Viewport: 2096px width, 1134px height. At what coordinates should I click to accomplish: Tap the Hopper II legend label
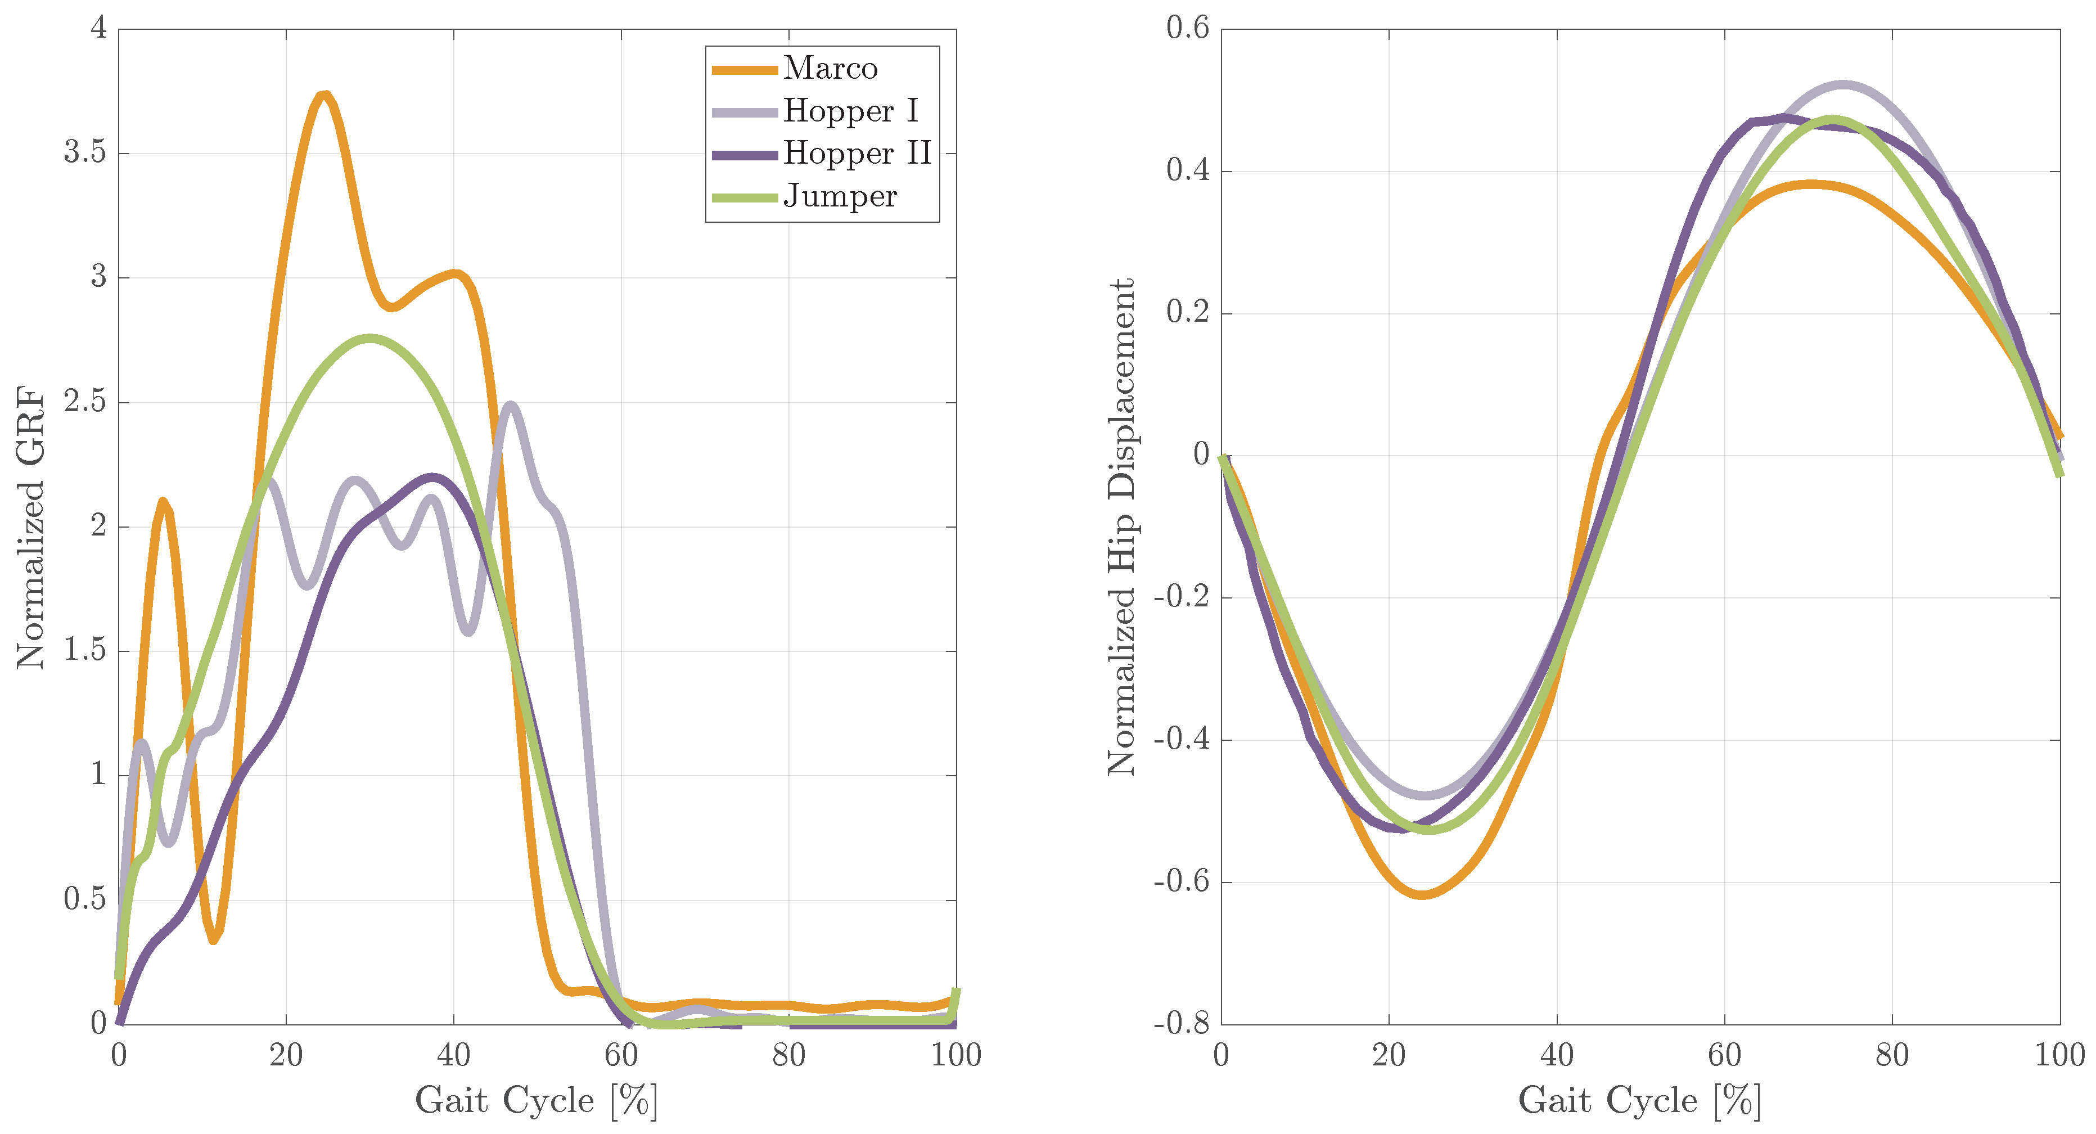[856, 154]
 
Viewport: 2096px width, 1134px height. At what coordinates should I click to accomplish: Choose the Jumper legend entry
[839, 197]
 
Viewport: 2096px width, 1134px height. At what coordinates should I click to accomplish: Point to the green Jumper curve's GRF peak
[370, 338]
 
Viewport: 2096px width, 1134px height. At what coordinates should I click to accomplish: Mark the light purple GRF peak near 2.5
[510, 404]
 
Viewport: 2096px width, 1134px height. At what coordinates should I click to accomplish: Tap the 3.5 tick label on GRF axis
[84, 152]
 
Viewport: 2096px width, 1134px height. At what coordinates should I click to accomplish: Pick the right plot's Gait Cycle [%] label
[1639, 1101]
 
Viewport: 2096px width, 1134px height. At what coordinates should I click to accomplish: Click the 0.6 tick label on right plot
[1187, 29]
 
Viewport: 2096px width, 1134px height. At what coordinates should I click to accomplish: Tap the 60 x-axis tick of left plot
[621, 1056]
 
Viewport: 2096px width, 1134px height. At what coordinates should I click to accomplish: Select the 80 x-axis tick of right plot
[1892, 1056]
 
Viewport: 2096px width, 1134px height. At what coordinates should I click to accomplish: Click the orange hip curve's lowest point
[1422, 894]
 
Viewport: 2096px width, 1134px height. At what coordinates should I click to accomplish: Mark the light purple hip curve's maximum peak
[1842, 85]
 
